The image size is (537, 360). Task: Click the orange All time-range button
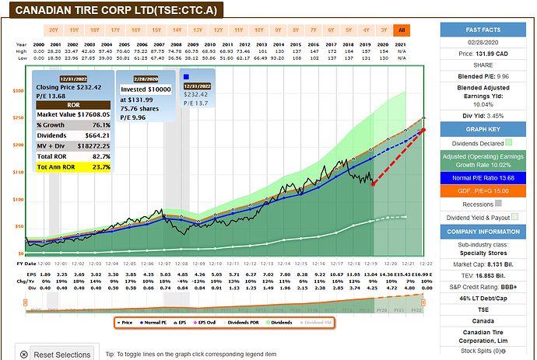coord(402,30)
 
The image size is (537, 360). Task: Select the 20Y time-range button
coord(54,30)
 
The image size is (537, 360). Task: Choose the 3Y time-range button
coord(384,30)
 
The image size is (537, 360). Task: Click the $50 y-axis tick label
coord(19,227)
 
